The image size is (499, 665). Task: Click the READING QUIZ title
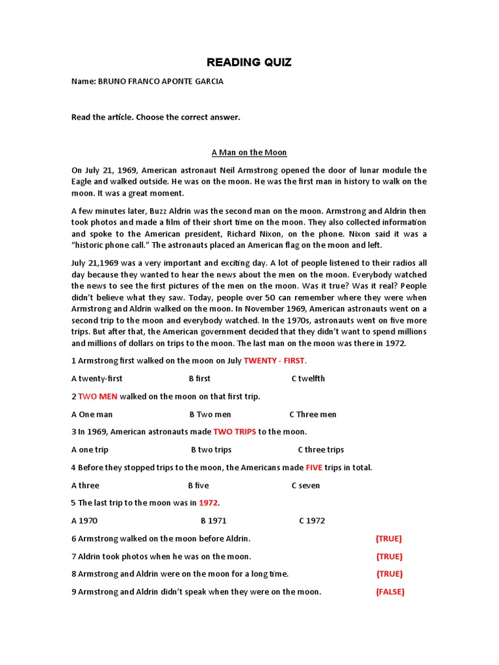pos(249,62)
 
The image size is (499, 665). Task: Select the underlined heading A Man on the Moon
pos(249,152)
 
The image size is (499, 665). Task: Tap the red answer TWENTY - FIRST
pos(275,360)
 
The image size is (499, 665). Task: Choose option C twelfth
pos(308,379)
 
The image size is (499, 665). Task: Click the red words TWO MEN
pos(97,396)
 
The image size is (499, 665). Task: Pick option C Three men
pos(313,414)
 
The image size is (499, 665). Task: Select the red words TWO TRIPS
pos(235,432)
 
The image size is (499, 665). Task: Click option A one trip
pos(90,449)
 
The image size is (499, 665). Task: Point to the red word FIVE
pos(314,468)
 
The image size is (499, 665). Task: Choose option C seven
pos(305,485)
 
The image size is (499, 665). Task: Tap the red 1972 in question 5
pos(208,503)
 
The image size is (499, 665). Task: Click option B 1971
pos(214,520)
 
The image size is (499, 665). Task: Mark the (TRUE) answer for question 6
pos(389,538)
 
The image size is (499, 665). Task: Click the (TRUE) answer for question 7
pos(389,557)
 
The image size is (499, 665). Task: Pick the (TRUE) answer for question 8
pos(389,574)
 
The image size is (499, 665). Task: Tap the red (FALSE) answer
pos(390,592)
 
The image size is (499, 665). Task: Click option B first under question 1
pos(199,379)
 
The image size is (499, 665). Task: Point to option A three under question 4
pos(85,485)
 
